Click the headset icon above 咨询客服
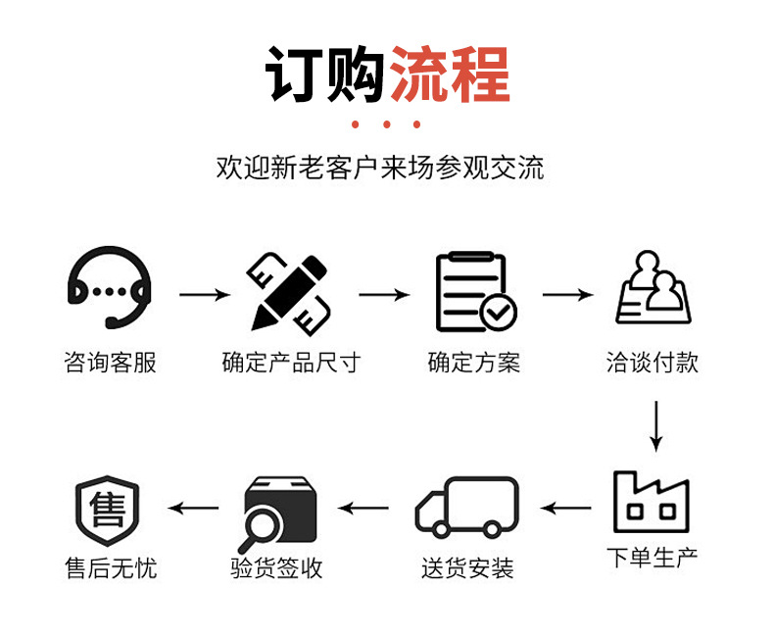110,290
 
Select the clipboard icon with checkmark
475,292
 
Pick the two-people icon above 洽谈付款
653,289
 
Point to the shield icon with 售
108,510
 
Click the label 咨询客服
110,364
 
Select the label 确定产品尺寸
291,364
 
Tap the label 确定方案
474,364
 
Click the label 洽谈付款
653,363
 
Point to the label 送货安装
467,568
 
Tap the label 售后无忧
110,568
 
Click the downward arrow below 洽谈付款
656,423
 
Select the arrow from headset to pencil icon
204,294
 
